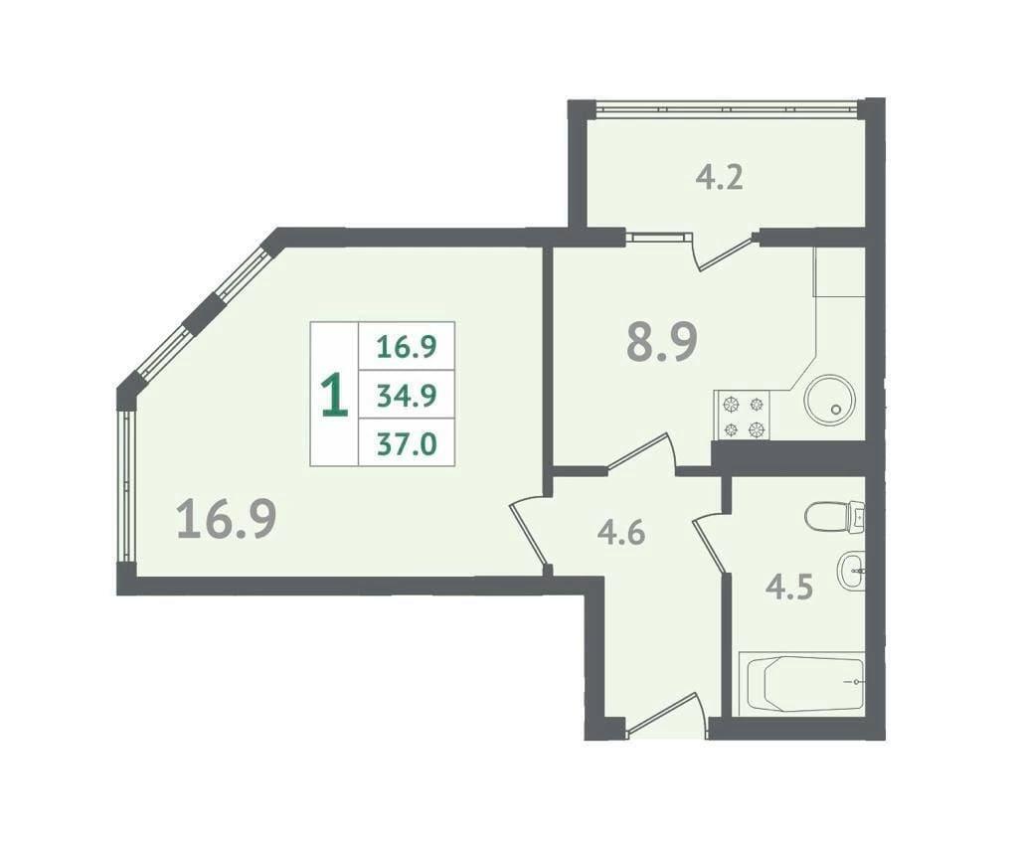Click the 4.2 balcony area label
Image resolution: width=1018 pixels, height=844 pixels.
720,178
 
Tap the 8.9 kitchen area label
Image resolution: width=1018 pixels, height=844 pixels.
661,342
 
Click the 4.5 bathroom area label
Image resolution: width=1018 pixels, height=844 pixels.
789,589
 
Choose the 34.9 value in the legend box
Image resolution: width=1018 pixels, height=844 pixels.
407,396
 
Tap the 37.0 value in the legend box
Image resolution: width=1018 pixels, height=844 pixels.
407,444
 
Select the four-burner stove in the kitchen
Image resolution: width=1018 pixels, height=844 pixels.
742,416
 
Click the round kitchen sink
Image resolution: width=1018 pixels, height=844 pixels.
830,401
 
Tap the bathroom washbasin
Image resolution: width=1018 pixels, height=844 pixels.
852,571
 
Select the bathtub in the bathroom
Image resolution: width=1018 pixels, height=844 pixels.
802,684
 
